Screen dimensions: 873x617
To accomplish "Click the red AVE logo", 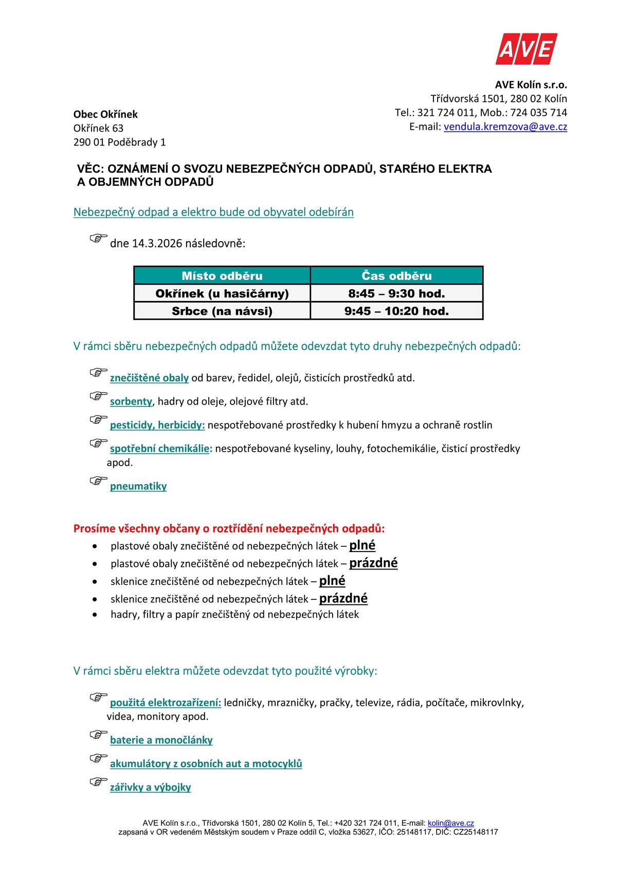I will [x=526, y=49].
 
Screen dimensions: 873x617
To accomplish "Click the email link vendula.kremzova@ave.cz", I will [x=505, y=127].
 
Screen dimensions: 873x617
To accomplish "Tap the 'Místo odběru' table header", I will [x=222, y=276].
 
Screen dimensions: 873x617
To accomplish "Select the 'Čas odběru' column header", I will [x=396, y=276].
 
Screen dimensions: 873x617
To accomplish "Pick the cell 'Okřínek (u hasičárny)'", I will [x=222, y=294].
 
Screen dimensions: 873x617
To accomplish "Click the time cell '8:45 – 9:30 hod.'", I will [x=396, y=294].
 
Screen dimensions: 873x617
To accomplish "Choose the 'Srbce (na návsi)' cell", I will [x=222, y=311].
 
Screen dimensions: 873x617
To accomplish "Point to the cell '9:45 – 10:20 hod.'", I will [x=396, y=311].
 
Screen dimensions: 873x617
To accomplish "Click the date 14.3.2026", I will [x=157, y=243].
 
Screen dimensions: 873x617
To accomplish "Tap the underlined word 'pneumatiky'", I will [x=138, y=486].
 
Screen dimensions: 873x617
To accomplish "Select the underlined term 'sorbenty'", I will [x=131, y=401].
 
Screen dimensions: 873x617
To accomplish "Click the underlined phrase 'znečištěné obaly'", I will [x=149, y=378].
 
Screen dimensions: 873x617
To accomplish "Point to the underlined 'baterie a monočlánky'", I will [x=161, y=740].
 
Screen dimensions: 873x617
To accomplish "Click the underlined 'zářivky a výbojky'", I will [x=150, y=788].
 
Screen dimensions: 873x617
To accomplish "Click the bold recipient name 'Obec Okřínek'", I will [x=105, y=114].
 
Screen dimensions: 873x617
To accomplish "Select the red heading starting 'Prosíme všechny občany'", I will [x=229, y=528].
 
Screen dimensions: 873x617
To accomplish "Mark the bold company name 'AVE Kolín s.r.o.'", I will [x=531, y=85].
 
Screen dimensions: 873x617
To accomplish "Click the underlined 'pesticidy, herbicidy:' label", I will [x=157, y=425].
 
